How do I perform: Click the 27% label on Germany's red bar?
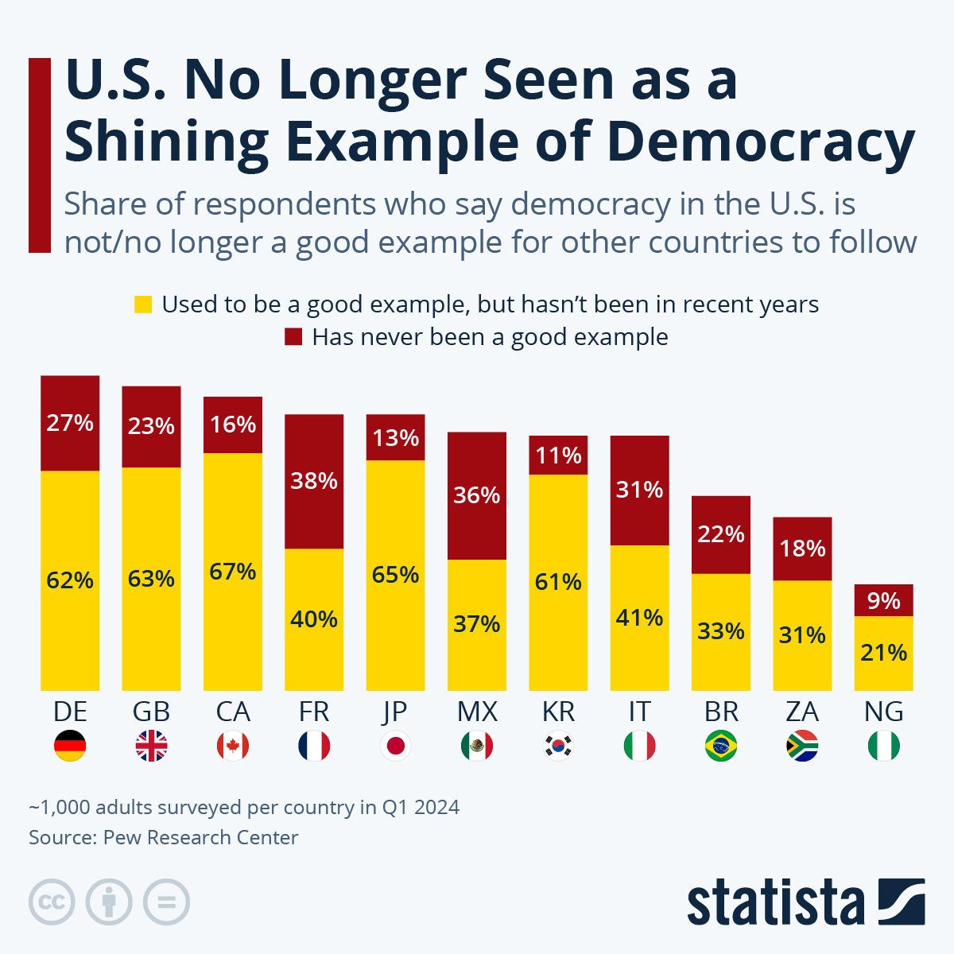pyautogui.click(x=70, y=422)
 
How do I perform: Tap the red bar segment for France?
pyautogui.click(x=314, y=481)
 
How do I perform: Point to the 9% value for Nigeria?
pyautogui.click(x=883, y=600)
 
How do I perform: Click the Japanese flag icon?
pyautogui.click(x=395, y=746)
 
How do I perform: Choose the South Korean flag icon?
pyautogui.click(x=558, y=746)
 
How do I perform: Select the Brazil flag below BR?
pyautogui.click(x=721, y=746)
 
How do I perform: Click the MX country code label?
pyautogui.click(x=477, y=712)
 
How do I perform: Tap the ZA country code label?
pyautogui.click(x=802, y=712)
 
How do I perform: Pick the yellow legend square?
pyautogui.click(x=143, y=304)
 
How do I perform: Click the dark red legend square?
pyautogui.click(x=293, y=337)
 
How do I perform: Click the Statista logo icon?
pyautogui.click(x=902, y=902)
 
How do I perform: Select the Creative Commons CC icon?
pyautogui.click(x=52, y=902)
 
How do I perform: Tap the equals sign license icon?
pyautogui.click(x=166, y=902)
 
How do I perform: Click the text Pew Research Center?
pyautogui.click(x=200, y=837)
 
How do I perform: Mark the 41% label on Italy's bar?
pyautogui.click(x=639, y=617)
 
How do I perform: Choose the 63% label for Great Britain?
pyautogui.click(x=151, y=578)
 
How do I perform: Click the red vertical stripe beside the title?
pyautogui.click(x=39, y=155)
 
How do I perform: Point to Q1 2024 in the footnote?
pyautogui.click(x=421, y=807)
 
